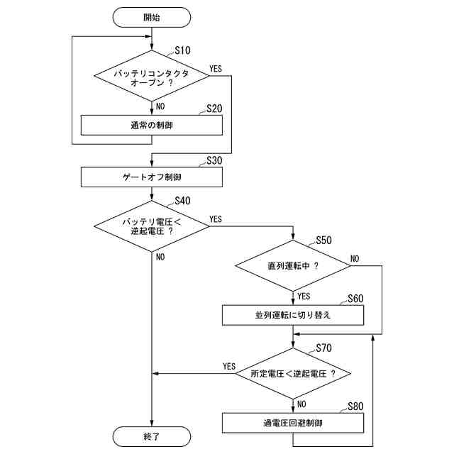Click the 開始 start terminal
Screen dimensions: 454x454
[152, 17]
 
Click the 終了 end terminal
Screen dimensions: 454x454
[152, 436]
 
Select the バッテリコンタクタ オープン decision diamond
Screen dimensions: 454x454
[152, 77]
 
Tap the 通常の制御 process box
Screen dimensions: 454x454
[152, 125]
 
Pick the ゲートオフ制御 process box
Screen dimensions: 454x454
[152, 176]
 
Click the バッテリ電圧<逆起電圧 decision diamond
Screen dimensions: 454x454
[152, 226]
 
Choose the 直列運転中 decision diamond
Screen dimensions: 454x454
[293, 266]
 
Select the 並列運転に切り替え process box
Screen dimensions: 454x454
[293, 315]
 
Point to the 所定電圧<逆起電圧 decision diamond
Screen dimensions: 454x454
[293, 373]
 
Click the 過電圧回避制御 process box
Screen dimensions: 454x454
[293, 423]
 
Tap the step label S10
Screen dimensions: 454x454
[184, 51]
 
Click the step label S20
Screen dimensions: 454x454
[214, 109]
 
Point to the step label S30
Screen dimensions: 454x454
[214, 160]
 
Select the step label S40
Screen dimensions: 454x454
[182, 201]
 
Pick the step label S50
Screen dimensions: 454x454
[323, 240]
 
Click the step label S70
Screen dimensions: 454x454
[323, 348]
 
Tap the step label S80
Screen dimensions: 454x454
[355, 406]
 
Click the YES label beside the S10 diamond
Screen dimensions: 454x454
[216, 69]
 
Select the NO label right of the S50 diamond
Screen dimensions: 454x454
[355, 258]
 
